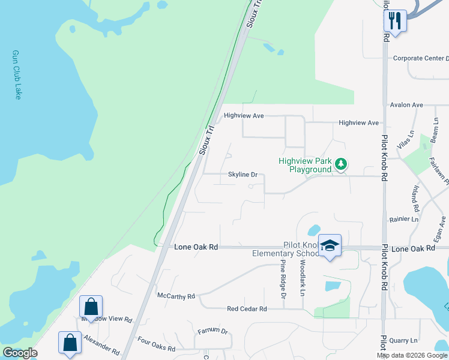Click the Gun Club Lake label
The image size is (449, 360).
pyautogui.click(x=16, y=74)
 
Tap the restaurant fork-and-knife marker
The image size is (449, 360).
pyautogui.click(x=395, y=21)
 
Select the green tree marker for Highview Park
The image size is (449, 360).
pyautogui.click(x=341, y=164)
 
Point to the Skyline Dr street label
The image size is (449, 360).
pyautogui.click(x=243, y=175)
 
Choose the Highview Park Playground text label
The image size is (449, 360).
pyautogui.click(x=306, y=165)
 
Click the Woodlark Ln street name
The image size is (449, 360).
pyautogui.click(x=303, y=277)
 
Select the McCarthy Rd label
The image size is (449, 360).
pyautogui.click(x=176, y=296)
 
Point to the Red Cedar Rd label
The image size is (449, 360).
pyautogui.click(x=247, y=309)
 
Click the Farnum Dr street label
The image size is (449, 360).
pyautogui.click(x=212, y=331)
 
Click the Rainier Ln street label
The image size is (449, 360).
pyautogui.click(x=403, y=220)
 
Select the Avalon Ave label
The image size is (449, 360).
pyautogui.click(x=406, y=105)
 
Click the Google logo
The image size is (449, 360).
pyautogui.click(x=20, y=353)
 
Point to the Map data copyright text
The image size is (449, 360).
pyautogui.click(x=411, y=355)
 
